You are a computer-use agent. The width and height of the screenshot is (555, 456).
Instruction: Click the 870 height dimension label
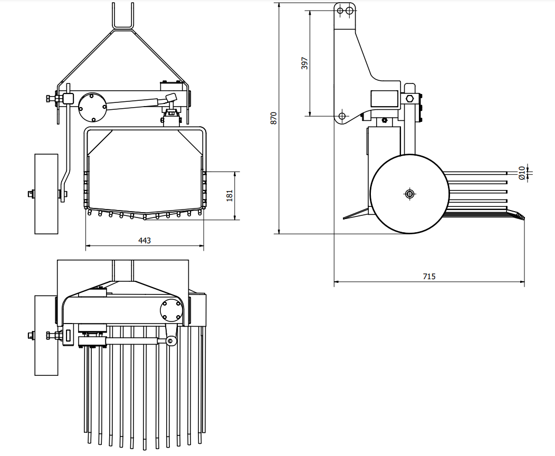click(x=273, y=118)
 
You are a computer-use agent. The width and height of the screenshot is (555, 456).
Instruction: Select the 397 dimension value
click(x=304, y=63)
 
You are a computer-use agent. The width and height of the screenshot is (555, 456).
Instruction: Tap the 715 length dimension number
click(x=429, y=277)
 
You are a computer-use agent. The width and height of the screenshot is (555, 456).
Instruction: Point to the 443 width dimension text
click(x=145, y=241)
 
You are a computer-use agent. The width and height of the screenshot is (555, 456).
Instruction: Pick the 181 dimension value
click(x=229, y=195)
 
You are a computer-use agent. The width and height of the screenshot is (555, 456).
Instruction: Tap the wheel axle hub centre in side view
click(x=409, y=194)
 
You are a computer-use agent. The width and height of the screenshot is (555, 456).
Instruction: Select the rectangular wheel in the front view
click(x=46, y=194)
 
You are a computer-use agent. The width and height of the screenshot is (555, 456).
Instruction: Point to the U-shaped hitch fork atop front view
click(x=122, y=16)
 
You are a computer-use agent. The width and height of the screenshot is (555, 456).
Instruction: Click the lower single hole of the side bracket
click(x=342, y=115)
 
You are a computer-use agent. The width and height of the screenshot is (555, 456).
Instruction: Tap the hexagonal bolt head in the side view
click(x=409, y=99)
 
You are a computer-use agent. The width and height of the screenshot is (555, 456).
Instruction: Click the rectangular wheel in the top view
click(x=46, y=335)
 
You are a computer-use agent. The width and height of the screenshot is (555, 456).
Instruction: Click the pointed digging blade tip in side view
click(x=346, y=217)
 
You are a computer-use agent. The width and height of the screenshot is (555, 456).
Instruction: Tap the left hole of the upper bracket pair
click(x=341, y=10)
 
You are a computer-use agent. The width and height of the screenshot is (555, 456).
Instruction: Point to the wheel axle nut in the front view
click(x=31, y=194)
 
